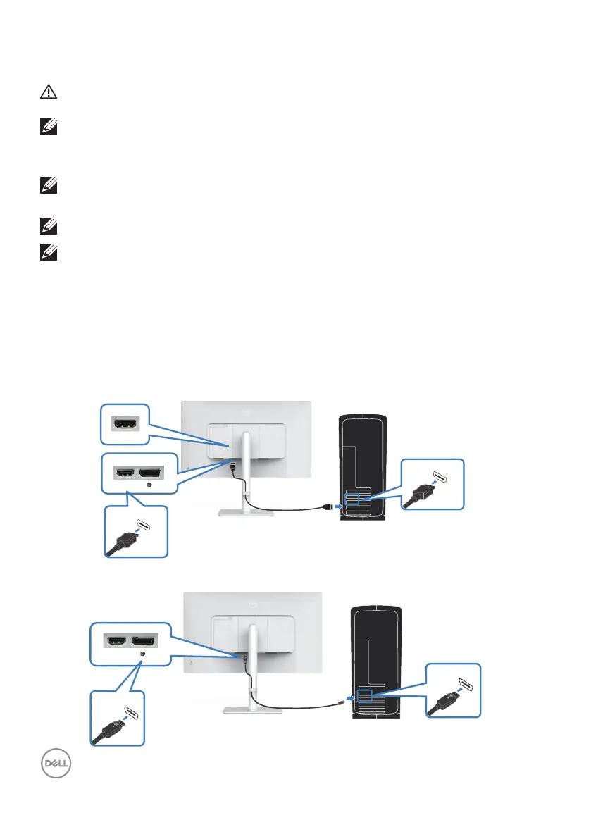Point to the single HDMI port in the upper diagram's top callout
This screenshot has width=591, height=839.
[x=125, y=424]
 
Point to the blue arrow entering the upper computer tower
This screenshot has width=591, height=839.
[x=340, y=504]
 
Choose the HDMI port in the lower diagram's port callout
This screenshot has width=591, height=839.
[x=116, y=641]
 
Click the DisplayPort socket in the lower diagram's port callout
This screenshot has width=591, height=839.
[x=145, y=641]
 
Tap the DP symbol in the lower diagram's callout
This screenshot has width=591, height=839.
[x=143, y=653]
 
